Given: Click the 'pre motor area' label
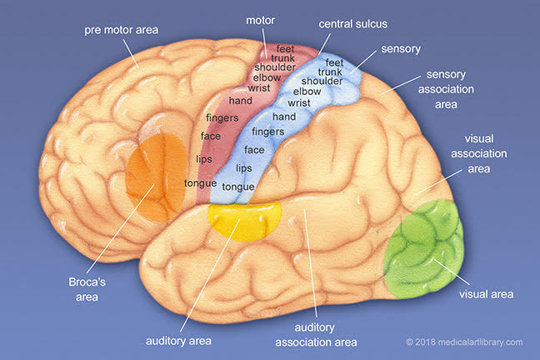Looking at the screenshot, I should pyautogui.click(x=121, y=30).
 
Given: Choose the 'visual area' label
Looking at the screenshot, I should pyautogui.click(x=486, y=293).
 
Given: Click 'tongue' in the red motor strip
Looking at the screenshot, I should pyautogui.click(x=200, y=182).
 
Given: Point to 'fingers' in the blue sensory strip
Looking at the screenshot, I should pyautogui.click(x=268, y=132).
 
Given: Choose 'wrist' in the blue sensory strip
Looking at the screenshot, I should pyautogui.click(x=298, y=103).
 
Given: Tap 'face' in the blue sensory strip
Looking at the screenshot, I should pyautogui.click(x=254, y=150).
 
